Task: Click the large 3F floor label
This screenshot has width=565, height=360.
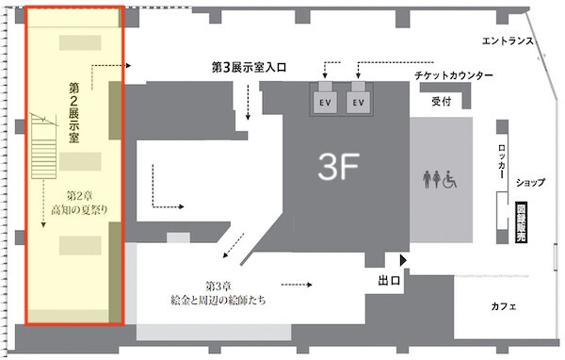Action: (x=338, y=166)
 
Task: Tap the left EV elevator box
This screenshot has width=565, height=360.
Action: (x=325, y=103)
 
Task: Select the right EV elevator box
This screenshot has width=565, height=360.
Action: (x=358, y=103)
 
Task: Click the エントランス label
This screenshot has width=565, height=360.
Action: (x=508, y=41)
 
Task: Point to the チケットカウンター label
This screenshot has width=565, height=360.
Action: (x=454, y=75)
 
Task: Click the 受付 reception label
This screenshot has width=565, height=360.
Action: (x=442, y=102)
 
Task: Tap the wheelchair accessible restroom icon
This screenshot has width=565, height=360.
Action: (x=450, y=179)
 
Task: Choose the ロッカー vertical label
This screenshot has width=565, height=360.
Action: (x=502, y=161)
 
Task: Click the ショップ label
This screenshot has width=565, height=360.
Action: (x=530, y=183)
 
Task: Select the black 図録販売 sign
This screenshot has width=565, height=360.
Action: (x=521, y=221)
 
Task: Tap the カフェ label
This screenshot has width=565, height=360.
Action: (x=504, y=306)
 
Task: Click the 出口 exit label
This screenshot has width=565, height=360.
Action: (x=389, y=280)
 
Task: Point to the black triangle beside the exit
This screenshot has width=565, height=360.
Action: (x=403, y=260)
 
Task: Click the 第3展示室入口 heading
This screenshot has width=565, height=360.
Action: (x=249, y=67)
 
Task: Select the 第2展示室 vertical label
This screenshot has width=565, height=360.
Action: (x=73, y=112)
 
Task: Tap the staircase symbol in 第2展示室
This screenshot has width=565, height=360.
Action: (x=43, y=146)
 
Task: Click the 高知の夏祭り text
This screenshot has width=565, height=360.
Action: (x=79, y=210)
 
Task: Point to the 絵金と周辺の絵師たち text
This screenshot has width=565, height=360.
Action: (x=218, y=300)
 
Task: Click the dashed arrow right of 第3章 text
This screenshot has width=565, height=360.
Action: (x=297, y=285)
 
